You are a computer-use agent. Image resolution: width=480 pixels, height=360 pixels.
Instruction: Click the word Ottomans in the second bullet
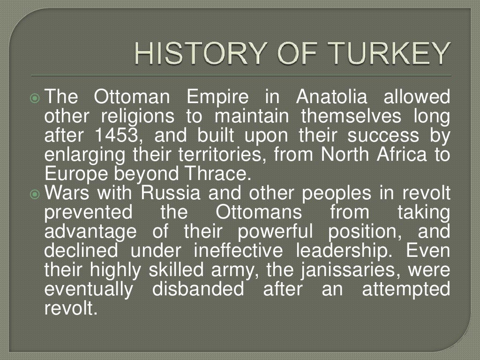259,212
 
